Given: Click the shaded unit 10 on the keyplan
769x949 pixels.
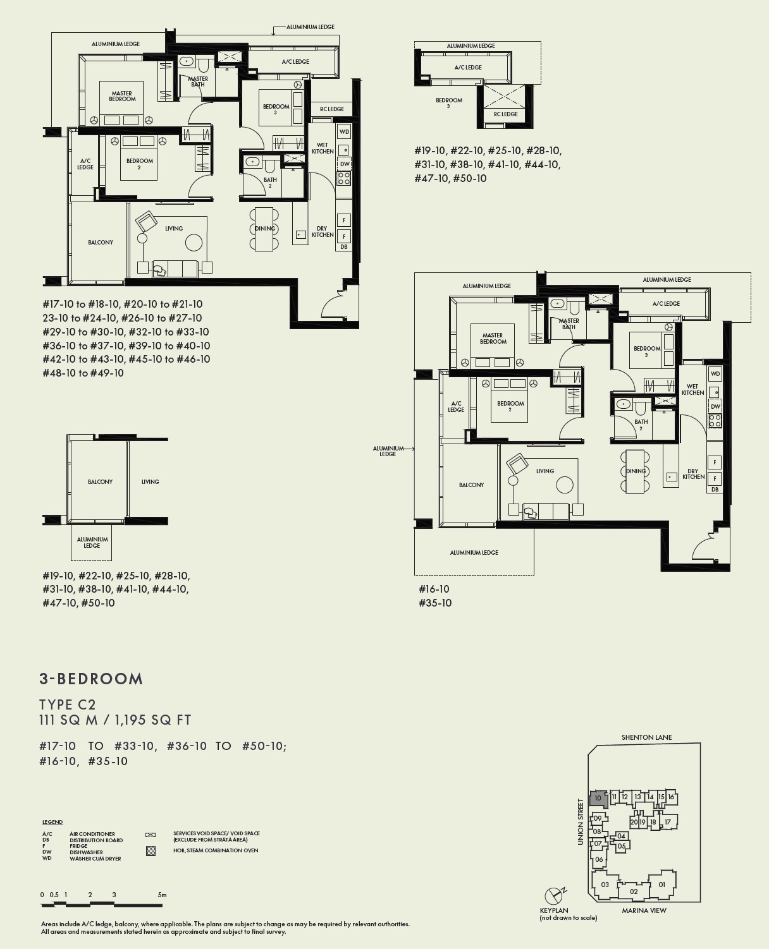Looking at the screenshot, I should (598, 798).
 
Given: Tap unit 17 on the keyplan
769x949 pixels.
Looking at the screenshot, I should (667, 822).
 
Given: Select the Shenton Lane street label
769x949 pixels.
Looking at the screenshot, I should (646, 737).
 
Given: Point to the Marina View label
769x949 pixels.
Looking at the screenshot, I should (644, 910).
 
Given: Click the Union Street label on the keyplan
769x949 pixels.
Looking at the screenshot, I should (580, 821).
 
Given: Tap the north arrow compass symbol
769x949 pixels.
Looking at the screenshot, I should (554, 895).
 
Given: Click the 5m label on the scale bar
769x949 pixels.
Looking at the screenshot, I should (162, 895).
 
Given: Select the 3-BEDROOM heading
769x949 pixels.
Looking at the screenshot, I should (91, 679).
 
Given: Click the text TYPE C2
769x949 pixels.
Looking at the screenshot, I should (67, 704).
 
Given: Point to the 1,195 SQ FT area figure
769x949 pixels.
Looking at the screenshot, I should (154, 720).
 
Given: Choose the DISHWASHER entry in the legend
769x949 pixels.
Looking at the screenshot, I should (86, 852).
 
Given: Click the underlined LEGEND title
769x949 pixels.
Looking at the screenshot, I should (52, 822).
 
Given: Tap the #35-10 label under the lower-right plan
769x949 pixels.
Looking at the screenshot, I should (435, 603).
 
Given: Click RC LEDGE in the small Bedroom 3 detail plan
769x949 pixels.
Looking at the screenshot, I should (505, 114).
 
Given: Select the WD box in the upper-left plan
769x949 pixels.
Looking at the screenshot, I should (344, 131).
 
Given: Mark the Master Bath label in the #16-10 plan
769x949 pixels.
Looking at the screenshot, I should (569, 324).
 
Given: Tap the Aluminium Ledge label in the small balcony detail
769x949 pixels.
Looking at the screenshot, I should (92, 542).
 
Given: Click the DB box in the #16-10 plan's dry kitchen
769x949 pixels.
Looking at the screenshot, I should (715, 489).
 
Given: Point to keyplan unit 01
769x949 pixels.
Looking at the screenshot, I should (662, 885).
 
